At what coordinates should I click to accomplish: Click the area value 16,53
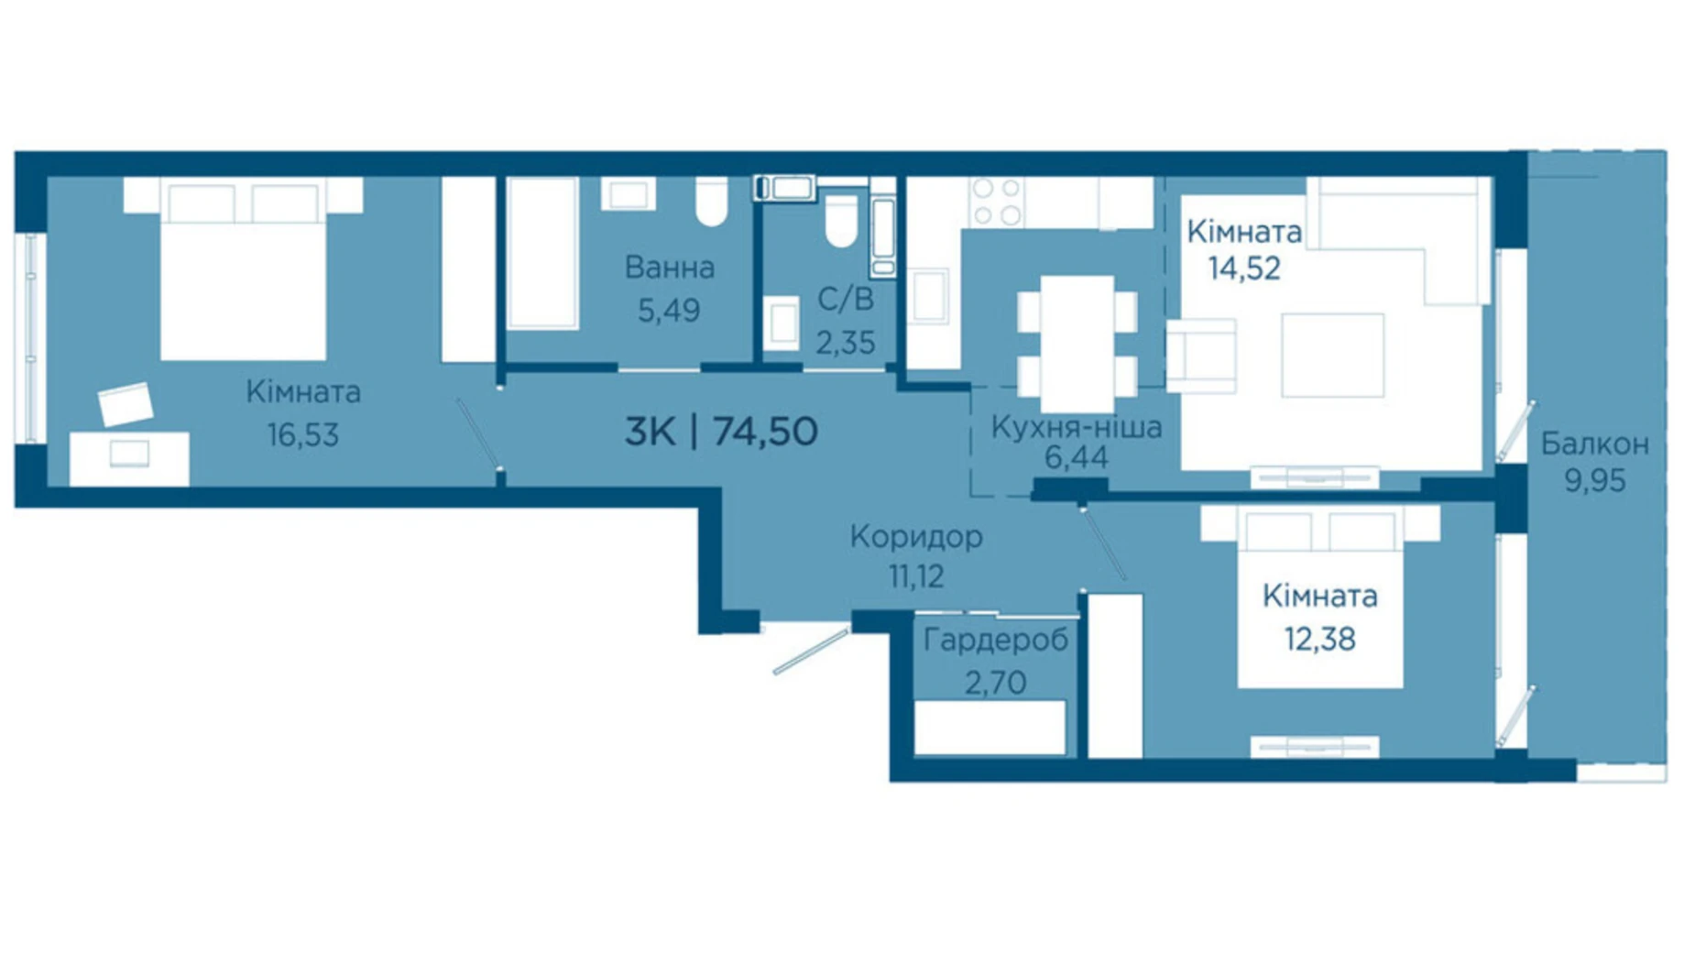pyautogui.click(x=303, y=434)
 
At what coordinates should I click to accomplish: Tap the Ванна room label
pyautogui.click(x=669, y=268)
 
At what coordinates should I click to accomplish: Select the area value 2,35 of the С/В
pyautogui.click(x=845, y=343)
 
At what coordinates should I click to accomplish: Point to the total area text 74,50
pyautogui.click(x=765, y=431)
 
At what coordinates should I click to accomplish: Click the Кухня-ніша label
pyautogui.click(x=1077, y=427)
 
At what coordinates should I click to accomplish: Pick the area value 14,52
pyautogui.click(x=1243, y=268)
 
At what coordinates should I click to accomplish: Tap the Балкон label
pyautogui.click(x=1595, y=444)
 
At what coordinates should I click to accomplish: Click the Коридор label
pyautogui.click(x=916, y=536)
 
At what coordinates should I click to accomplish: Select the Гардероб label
pyautogui.click(x=995, y=641)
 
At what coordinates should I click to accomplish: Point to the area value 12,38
pyautogui.click(x=1319, y=639)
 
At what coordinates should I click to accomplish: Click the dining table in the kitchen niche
pyautogui.click(x=1077, y=344)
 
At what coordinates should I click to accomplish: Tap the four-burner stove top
pyautogui.click(x=997, y=202)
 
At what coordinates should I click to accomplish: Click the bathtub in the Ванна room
pyautogui.click(x=542, y=253)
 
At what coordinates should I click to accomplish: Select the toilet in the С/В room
pyautogui.click(x=841, y=221)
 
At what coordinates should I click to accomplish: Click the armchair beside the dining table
pyautogui.click(x=1201, y=356)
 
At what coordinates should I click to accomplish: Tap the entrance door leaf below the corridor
pyautogui.click(x=811, y=652)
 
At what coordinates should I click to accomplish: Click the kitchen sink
pyautogui.click(x=930, y=296)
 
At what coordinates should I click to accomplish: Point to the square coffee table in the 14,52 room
pyautogui.click(x=1332, y=356)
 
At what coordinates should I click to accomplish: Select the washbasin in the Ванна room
pyautogui.click(x=629, y=194)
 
